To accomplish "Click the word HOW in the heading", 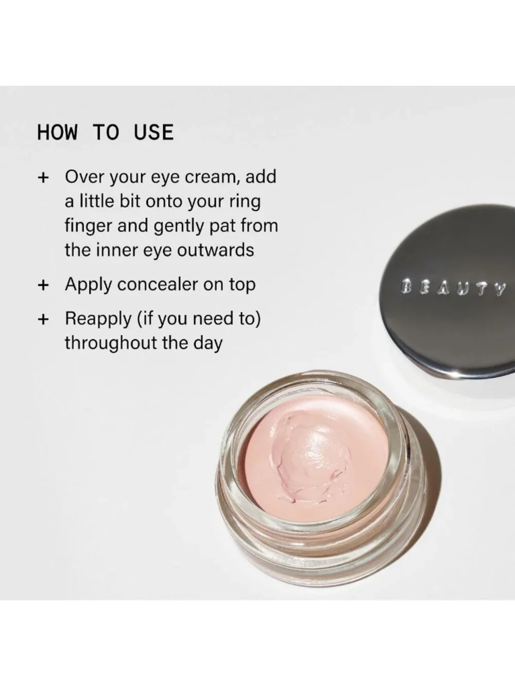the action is tap(57, 132).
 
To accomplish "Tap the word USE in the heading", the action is tap(153, 132).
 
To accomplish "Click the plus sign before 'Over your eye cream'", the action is tap(43, 178).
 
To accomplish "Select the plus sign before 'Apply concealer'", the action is tap(43, 285).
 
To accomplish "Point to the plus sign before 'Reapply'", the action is tap(43, 320).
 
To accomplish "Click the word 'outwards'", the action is tap(215, 250).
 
